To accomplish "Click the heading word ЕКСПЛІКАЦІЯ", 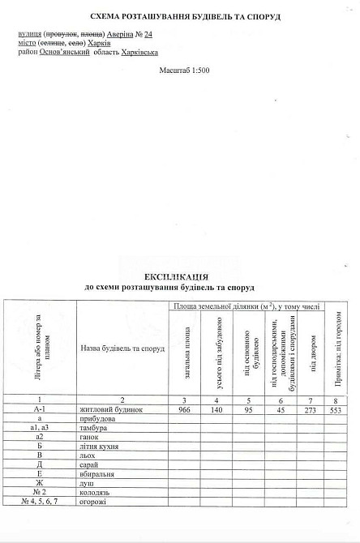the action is pyautogui.click(x=179, y=276).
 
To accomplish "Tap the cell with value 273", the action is pyautogui.click(x=311, y=411).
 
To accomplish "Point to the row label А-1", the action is pyautogui.click(x=39, y=411).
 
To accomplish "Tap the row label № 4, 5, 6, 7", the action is pyautogui.click(x=39, y=503).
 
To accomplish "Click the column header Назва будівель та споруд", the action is pyautogui.click(x=123, y=348).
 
